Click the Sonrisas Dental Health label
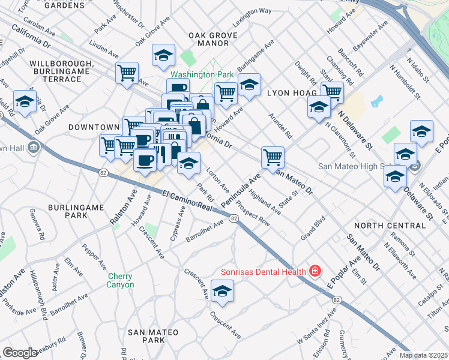pyautogui.click(x=262, y=271)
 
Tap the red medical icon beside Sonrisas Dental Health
pyautogui.click(x=313, y=271)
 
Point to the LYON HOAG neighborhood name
pyautogui.click(x=284, y=94)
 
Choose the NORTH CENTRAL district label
pyautogui.click(x=390, y=226)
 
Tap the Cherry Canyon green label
pyautogui.click(x=121, y=281)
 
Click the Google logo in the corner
pyautogui.click(x=20, y=353)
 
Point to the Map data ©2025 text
pyautogui.click(x=423, y=355)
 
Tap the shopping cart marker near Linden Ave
pyautogui.click(x=127, y=73)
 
